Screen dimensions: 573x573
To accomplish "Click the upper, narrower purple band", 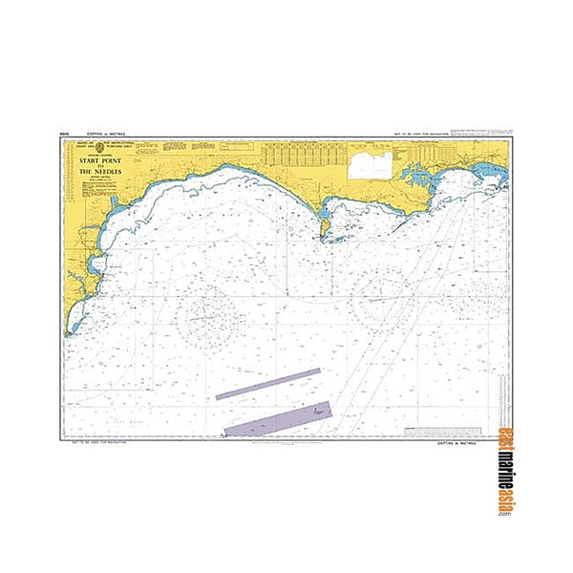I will [268, 382].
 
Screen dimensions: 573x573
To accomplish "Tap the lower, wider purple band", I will [278, 418].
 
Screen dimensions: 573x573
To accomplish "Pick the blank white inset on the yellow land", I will [371, 165].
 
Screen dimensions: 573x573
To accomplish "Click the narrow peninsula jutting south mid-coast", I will [325, 227].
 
